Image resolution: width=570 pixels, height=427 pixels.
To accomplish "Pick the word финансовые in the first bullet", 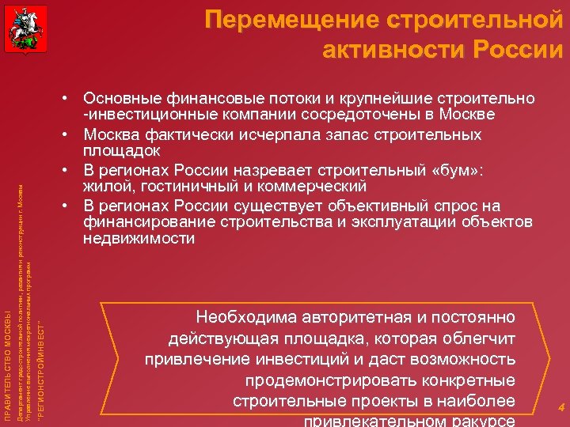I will pyautogui.click(x=210, y=100).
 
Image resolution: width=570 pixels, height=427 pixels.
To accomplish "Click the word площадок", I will pyautogui.click(x=122, y=149).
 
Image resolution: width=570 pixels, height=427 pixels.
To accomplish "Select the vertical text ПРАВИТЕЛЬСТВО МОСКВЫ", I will pyautogui.click(x=8, y=365).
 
